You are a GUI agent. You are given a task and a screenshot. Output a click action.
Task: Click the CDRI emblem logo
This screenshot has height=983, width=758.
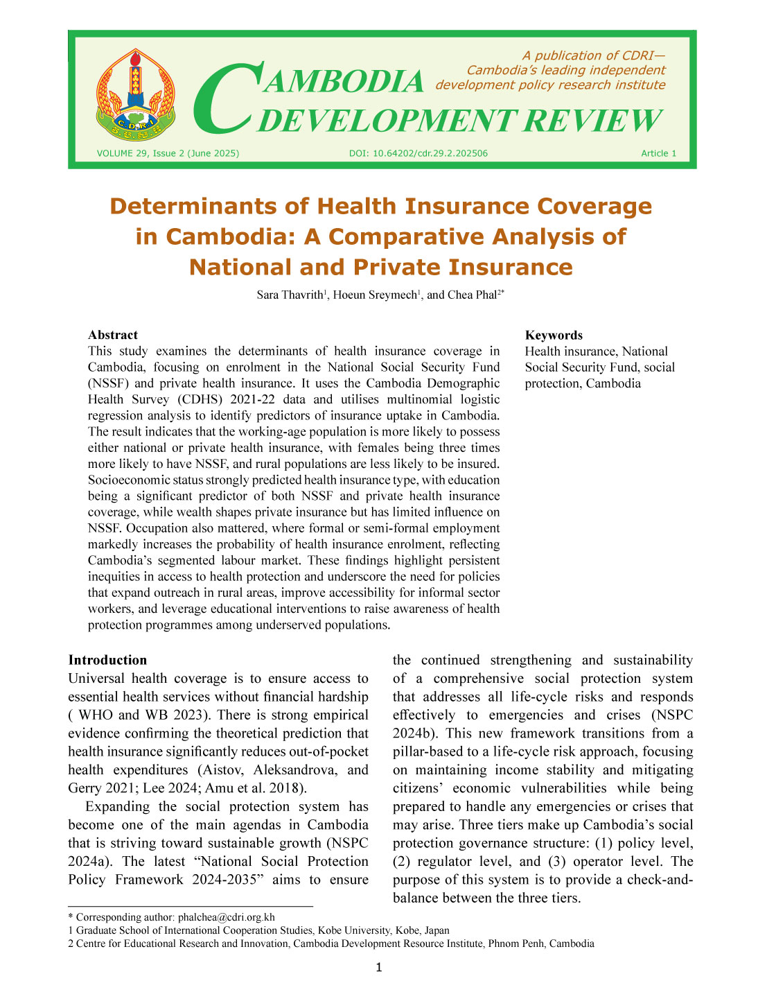pyautogui.click(x=136, y=94)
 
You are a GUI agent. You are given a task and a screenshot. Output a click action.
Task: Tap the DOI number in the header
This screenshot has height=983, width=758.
pyautogui.click(x=418, y=153)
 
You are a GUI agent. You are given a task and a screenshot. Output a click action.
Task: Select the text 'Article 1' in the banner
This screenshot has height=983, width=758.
pyautogui.click(x=658, y=153)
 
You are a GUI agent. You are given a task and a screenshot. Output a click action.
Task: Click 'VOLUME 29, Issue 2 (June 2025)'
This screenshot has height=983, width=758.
pyautogui.click(x=168, y=153)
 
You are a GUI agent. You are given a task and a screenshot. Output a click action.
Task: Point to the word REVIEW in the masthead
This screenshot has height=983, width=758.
pyautogui.click(x=592, y=121)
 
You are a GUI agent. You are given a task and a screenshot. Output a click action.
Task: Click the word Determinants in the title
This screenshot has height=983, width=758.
pyautogui.click(x=209, y=206)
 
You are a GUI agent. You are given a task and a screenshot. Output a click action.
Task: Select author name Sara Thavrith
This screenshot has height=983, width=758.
pyautogui.click(x=290, y=295)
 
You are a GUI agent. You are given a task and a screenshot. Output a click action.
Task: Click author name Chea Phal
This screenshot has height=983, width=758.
pyautogui.click(x=473, y=295)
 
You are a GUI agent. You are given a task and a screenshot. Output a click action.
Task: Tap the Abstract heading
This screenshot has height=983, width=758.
pyautogui.click(x=113, y=335)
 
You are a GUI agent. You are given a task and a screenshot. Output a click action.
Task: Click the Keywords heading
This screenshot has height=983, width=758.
pyautogui.click(x=554, y=335)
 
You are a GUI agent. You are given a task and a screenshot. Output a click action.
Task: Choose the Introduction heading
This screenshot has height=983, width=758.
pyautogui.click(x=107, y=660)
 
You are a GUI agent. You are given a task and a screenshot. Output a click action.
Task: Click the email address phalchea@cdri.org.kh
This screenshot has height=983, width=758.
pyautogui.click(x=227, y=917)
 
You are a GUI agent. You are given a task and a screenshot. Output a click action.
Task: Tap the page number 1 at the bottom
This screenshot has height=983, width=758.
pyautogui.click(x=378, y=968)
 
